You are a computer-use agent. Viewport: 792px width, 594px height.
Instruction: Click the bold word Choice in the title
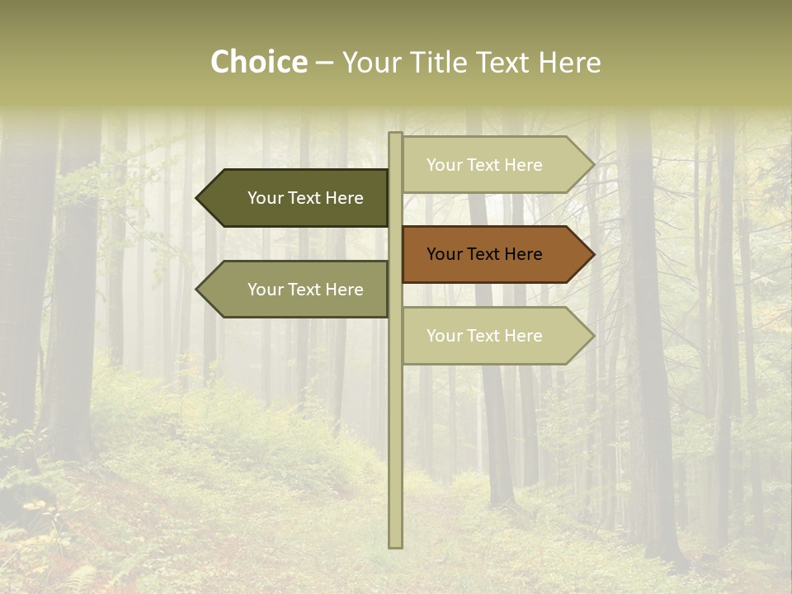click(258, 63)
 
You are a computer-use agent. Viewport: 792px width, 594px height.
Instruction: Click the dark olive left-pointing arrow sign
click(297, 198)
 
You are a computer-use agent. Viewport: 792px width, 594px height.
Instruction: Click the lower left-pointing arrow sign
click(297, 290)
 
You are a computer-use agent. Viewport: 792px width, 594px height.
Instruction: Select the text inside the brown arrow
click(484, 254)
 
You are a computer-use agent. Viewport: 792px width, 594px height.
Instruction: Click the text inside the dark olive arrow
click(305, 198)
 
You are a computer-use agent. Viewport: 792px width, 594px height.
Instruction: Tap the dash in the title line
click(324, 63)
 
